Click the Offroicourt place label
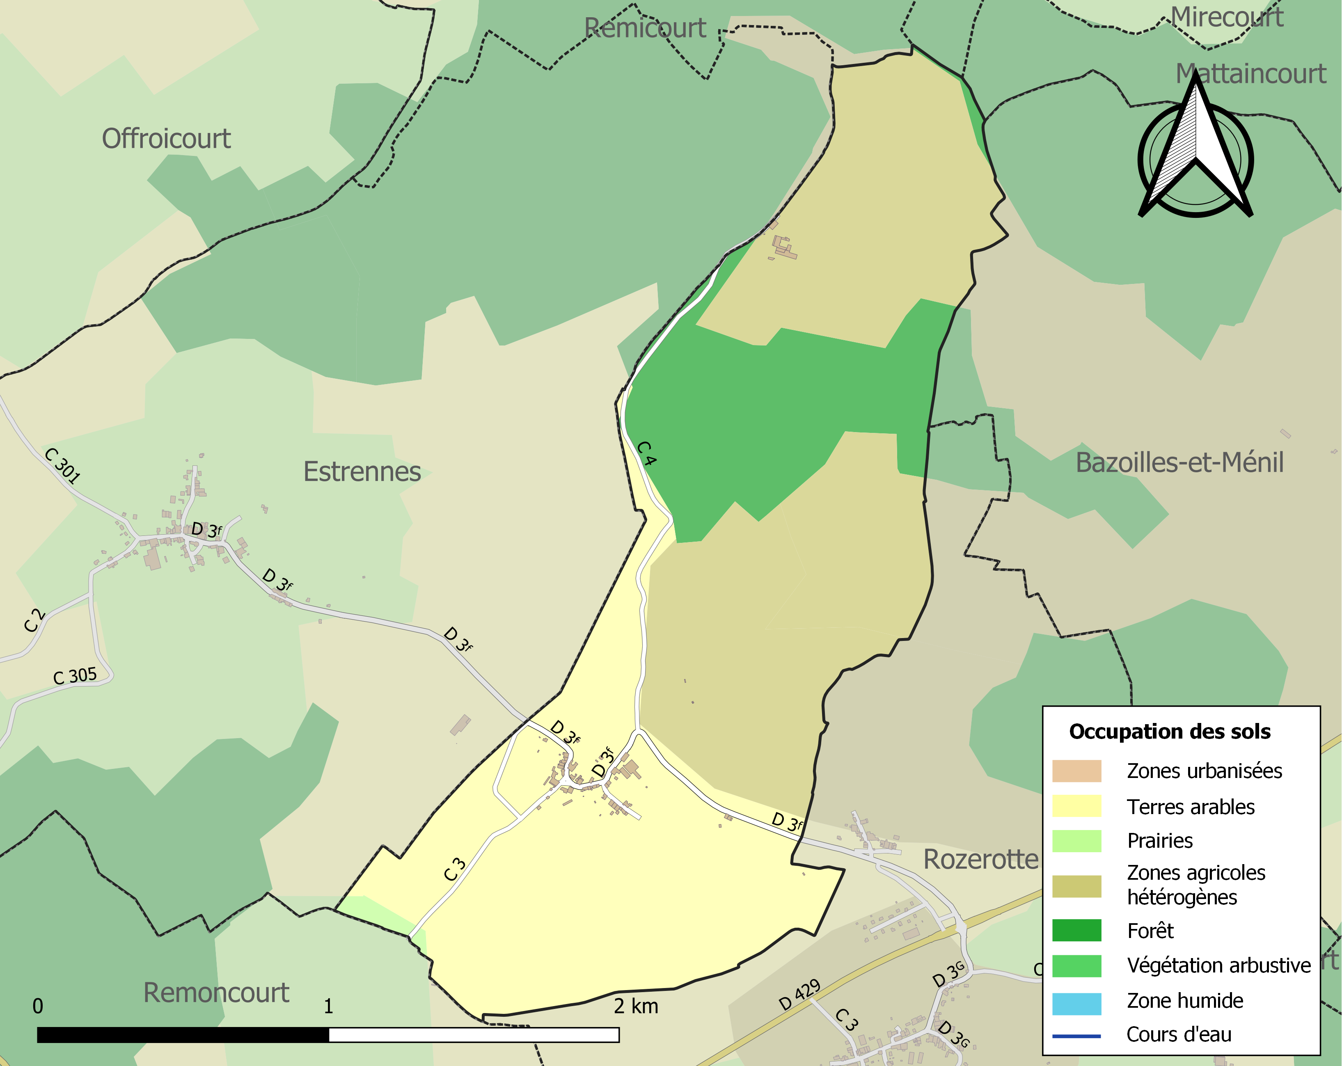coord(166,139)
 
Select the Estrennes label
coord(362,472)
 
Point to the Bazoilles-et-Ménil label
coord(1179,463)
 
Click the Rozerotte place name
coord(981,859)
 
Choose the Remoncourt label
coord(216,993)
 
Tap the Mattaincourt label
coord(1250,74)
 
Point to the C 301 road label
coord(62,465)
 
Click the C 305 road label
coord(75,676)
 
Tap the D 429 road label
coord(800,995)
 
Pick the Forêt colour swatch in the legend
coord(1076,930)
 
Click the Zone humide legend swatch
coord(1076,1003)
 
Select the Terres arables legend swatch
coord(1076,807)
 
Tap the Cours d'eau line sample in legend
coord(1076,1036)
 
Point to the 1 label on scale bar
coord(328,1006)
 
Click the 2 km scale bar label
coord(636,1006)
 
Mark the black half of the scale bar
coord(183,1035)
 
